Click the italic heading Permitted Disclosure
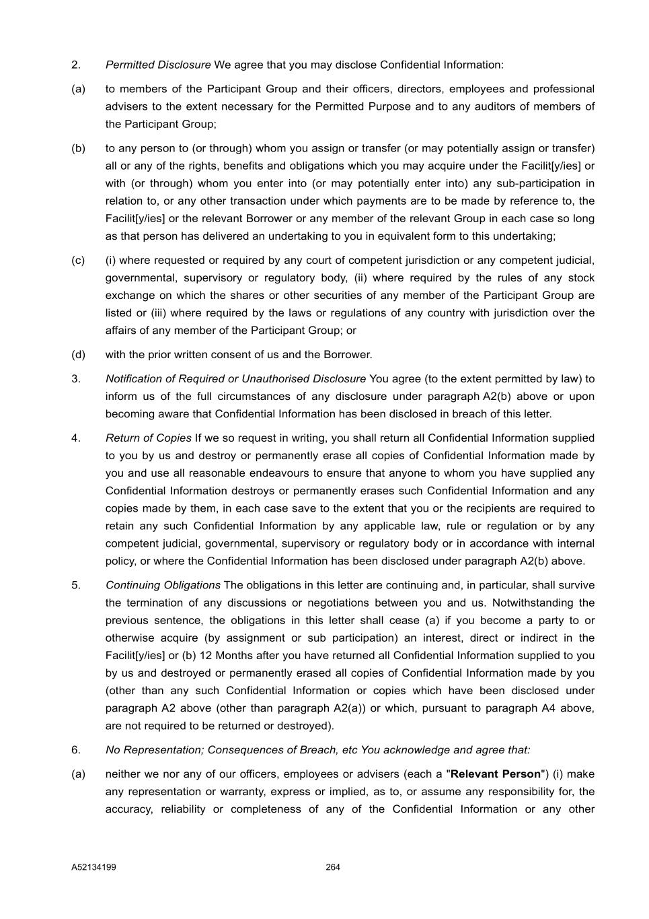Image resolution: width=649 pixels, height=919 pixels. click(158, 65)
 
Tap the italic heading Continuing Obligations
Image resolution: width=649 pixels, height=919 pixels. click(163, 585)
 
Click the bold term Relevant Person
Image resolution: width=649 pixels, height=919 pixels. click(496, 774)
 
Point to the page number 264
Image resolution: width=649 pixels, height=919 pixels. click(333, 867)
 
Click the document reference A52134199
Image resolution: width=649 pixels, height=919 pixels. click(93, 867)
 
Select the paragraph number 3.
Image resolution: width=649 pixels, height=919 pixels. click(76, 379)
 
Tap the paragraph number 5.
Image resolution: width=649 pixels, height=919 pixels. click(76, 585)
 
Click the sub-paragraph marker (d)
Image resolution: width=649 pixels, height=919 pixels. click(79, 355)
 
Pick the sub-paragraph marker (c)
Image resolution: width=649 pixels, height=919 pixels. click(78, 261)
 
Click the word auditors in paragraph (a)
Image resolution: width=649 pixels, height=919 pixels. click(503, 107)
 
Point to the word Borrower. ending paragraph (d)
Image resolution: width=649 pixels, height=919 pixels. click(348, 355)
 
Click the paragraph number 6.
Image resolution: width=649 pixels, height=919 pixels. click(76, 750)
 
